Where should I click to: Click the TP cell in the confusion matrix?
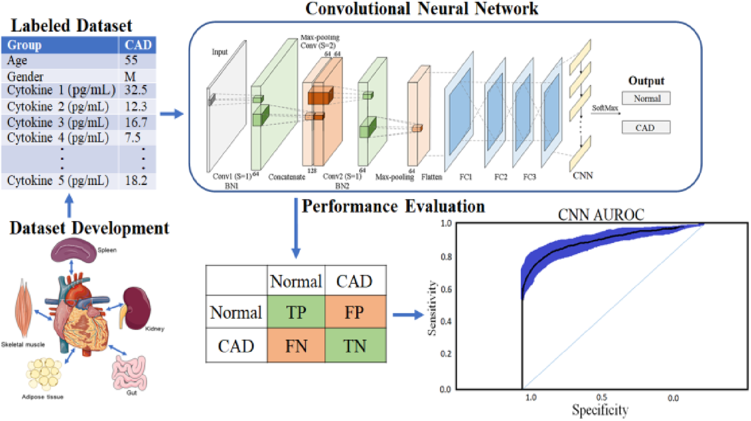[x=296, y=312]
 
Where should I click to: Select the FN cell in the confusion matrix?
[x=296, y=346]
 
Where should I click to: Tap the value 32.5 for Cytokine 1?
[x=136, y=90]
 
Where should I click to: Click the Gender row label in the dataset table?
[x=25, y=76]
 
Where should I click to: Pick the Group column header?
[x=24, y=45]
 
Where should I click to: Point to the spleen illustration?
[x=73, y=250]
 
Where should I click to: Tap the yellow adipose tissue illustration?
[x=44, y=373]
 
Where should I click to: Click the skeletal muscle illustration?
[x=24, y=307]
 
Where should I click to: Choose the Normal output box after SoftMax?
[x=646, y=98]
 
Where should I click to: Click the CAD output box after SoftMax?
[x=646, y=128]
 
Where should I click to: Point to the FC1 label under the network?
[x=466, y=177]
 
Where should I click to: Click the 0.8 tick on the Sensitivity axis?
[x=446, y=257]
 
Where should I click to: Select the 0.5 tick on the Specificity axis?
[x=602, y=398]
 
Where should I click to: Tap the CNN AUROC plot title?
[x=601, y=215]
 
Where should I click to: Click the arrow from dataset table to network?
[x=171, y=114]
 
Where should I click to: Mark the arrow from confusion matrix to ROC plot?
[x=408, y=315]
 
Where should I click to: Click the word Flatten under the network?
[x=431, y=177]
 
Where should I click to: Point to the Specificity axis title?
[x=600, y=410]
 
